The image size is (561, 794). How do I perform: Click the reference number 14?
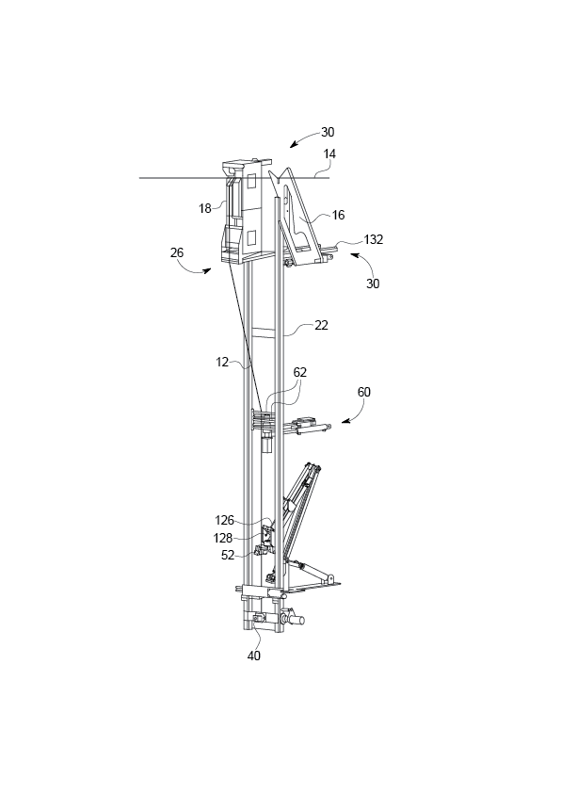click(329, 154)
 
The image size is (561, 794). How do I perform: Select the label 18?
click(205, 208)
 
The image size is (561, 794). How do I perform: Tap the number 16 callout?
click(338, 215)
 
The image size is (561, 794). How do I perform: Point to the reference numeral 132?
click(374, 239)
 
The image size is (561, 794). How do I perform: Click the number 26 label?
click(177, 252)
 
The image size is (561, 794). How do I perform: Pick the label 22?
click(321, 325)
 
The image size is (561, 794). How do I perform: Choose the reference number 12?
click(222, 362)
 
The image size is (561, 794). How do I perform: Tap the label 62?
click(300, 372)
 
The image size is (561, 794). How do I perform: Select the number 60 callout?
click(363, 392)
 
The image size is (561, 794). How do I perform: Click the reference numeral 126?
click(225, 520)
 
